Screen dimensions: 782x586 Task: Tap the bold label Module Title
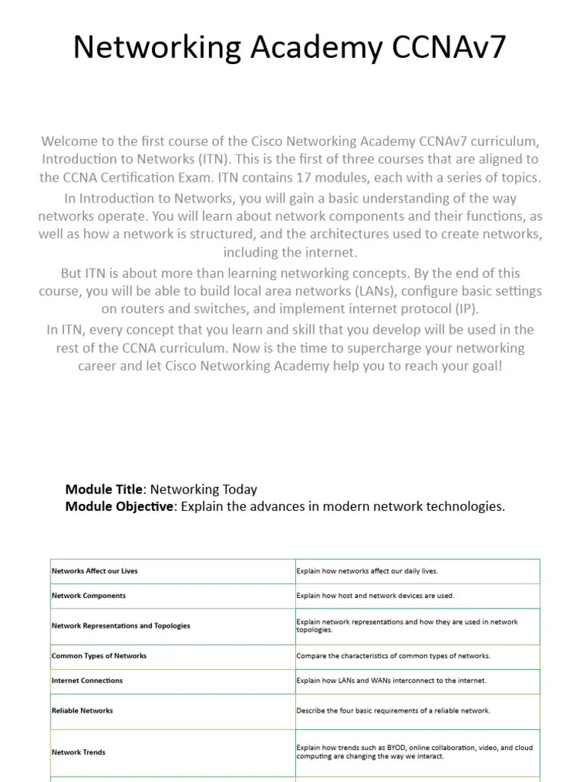pyautogui.click(x=104, y=490)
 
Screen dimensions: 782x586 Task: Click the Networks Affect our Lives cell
pyautogui.click(x=95, y=571)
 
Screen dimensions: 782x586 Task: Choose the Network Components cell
pyautogui.click(x=89, y=596)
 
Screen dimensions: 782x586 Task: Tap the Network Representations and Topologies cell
pyautogui.click(x=121, y=625)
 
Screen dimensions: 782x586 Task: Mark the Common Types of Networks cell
pyautogui.click(x=99, y=656)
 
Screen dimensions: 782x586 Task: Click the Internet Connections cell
pyautogui.click(x=87, y=680)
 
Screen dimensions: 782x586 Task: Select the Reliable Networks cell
pyautogui.click(x=82, y=710)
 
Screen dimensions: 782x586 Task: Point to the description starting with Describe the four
pyautogui.click(x=393, y=710)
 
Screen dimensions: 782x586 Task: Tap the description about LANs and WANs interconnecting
pyautogui.click(x=391, y=680)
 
